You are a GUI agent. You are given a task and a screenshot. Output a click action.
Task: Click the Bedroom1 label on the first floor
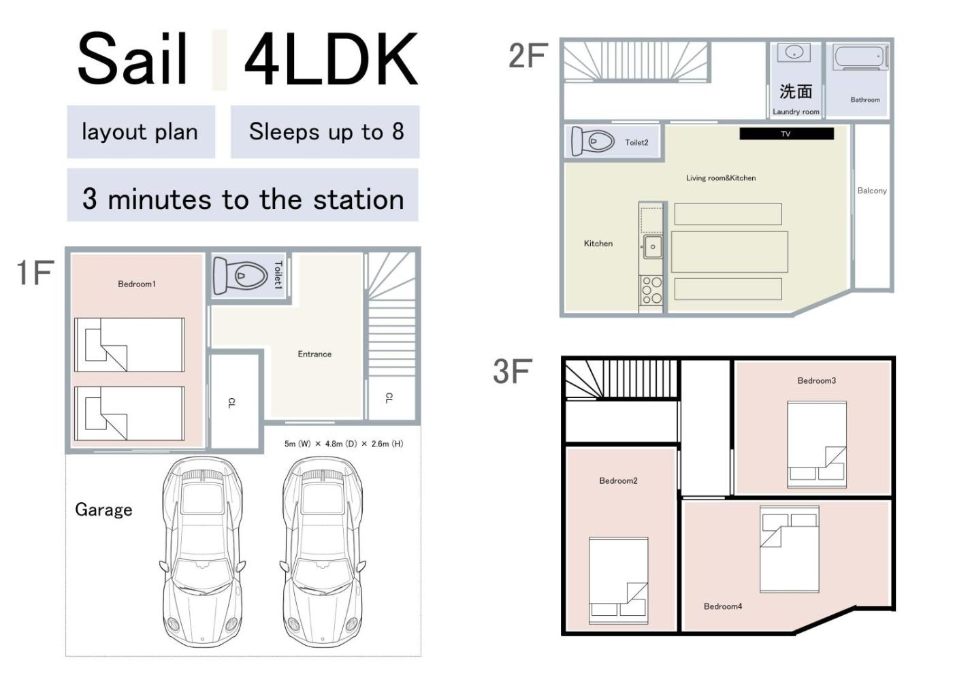[x=137, y=284]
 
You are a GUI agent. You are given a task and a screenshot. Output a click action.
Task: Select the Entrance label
[x=314, y=354]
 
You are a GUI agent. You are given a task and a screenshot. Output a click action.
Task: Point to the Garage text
[x=103, y=510]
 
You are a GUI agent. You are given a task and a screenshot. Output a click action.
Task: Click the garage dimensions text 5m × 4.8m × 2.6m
[x=344, y=444]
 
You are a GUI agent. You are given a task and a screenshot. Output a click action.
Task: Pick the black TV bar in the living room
[x=787, y=133]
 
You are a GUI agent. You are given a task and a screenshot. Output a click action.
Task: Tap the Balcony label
[x=872, y=191]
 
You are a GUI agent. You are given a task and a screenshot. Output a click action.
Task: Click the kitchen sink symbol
[x=653, y=246]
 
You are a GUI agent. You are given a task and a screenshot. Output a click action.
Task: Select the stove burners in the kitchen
[x=651, y=291]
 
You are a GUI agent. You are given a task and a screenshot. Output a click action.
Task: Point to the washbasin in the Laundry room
[x=794, y=52]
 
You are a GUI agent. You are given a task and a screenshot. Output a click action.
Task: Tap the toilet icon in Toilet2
[x=593, y=141]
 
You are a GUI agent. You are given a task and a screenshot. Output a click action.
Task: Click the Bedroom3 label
[x=816, y=380]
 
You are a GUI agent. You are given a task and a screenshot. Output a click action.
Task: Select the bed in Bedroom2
[x=619, y=580]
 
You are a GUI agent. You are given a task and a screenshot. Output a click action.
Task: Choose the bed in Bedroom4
[x=790, y=548]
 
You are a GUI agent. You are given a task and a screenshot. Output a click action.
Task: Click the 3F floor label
[x=513, y=372]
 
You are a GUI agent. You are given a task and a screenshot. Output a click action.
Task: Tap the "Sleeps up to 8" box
[x=325, y=132]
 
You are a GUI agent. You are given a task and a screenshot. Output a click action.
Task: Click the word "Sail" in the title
[x=132, y=59]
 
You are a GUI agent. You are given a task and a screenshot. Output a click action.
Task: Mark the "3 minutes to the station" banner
[x=242, y=195]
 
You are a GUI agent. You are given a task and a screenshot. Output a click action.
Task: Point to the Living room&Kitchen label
[x=721, y=178]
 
